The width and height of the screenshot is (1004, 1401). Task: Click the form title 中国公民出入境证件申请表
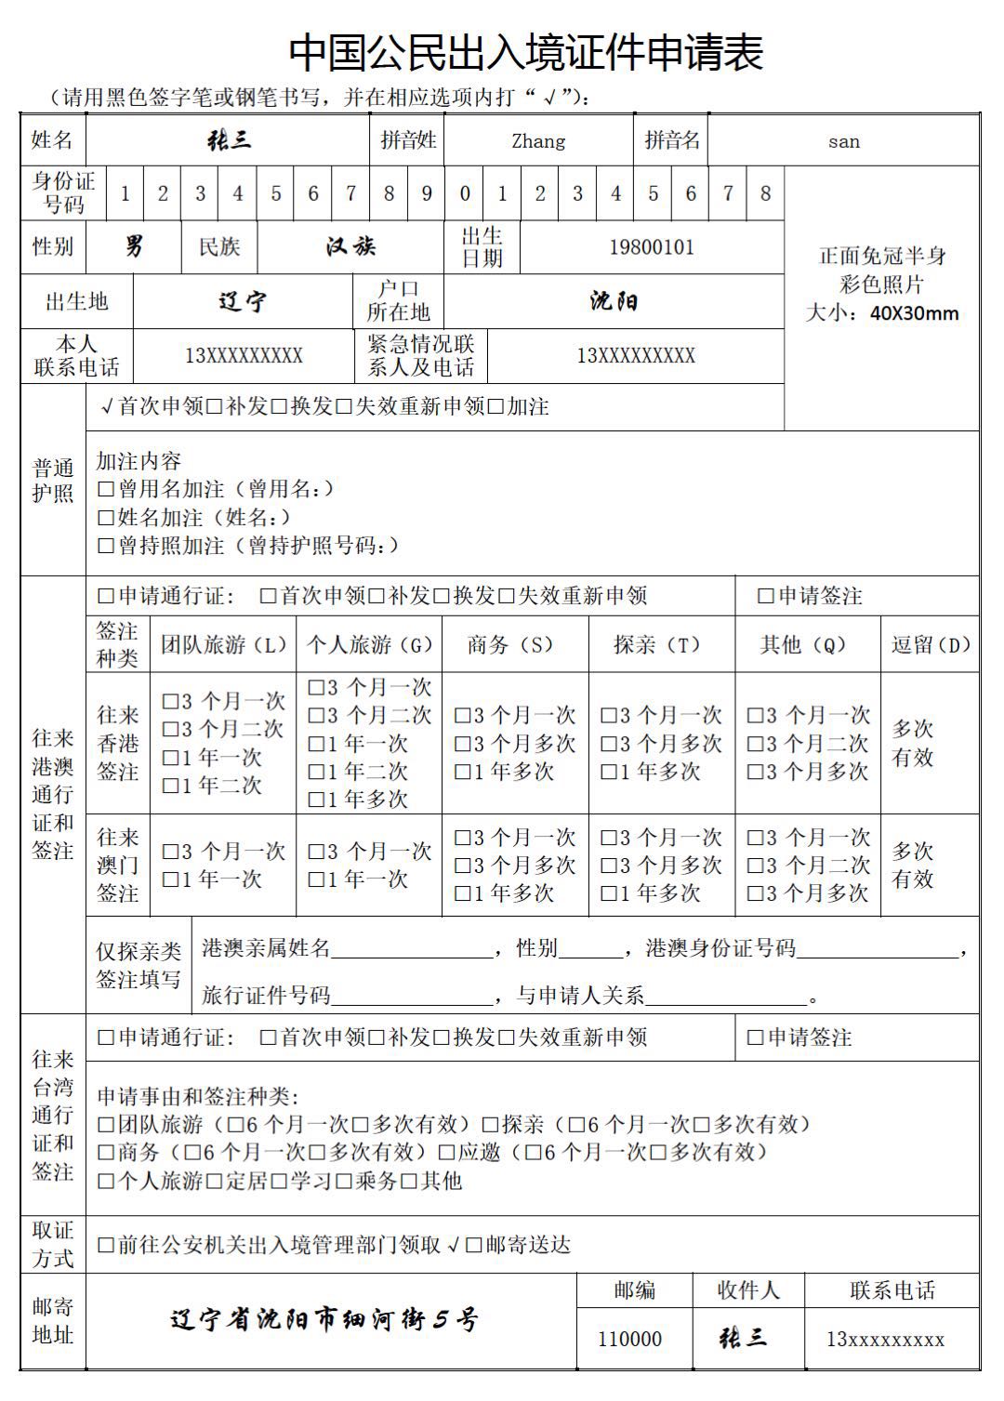[x=525, y=52]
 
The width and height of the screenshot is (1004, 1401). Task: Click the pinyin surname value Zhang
[x=538, y=141]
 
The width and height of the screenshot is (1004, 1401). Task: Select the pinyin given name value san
[x=843, y=141]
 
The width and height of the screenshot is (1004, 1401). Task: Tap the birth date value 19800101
[x=652, y=247]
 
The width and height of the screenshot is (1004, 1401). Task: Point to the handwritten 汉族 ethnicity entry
[x=350, y=246]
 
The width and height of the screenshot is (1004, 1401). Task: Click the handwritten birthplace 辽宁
[x=243, y=301]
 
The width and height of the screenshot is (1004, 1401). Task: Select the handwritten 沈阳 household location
[x=614, y=301]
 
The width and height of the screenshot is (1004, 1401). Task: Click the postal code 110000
[x=629, y=1339]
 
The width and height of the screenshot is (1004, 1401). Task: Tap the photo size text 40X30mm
[x=914, y=312]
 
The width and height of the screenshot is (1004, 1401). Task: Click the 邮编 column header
[x=635, y=1290]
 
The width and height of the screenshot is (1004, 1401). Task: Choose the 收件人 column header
[x=748, y=1290]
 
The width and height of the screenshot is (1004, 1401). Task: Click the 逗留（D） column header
[x=931, y=644]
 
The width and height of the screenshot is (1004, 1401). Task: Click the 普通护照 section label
[x=53, y=481]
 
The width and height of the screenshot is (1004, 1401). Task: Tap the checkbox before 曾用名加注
[x=105, y=489]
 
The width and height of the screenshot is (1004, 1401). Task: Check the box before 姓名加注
[x=105, y=517]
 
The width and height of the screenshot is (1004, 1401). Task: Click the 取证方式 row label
[x=53, y=1244]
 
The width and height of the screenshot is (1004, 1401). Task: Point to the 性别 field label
[x=53, y=246]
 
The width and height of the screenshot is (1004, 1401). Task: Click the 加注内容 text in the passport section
[x=139, y=461]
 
